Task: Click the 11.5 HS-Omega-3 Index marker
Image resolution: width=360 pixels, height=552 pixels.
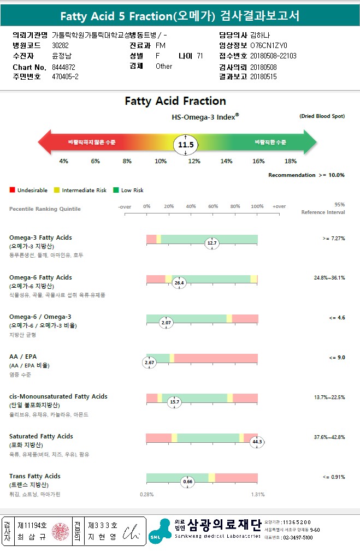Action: click(186, 145)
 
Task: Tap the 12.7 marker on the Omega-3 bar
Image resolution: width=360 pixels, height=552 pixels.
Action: click(212, 244)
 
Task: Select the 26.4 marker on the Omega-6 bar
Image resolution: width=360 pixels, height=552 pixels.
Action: click(179, 283)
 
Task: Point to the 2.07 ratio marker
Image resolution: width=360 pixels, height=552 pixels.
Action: click(166, 323)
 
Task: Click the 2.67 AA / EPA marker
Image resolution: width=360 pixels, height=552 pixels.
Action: click(149, 363)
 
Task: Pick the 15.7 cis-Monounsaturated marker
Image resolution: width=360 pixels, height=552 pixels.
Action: click(174, 402)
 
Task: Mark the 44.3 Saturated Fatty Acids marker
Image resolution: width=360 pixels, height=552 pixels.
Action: click(257, 442)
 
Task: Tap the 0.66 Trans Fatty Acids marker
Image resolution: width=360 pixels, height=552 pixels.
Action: click(188, 482)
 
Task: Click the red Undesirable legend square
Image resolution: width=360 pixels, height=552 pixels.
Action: click(12, 191)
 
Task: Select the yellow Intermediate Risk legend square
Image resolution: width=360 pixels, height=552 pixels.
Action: click(57, 191)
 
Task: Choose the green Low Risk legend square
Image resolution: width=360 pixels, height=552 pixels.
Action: click(116, 191)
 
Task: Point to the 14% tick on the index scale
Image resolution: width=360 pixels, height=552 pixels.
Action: click(226, 161)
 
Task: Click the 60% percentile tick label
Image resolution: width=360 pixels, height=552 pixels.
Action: click(213, 206)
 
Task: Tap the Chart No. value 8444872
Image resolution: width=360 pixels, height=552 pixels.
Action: click(63, 67)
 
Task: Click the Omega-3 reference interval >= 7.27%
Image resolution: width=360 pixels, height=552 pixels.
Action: click(333, 239)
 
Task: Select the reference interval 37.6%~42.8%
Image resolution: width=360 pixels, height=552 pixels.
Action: click(329, 437)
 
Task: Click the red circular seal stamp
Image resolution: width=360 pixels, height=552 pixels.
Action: click(60, 530)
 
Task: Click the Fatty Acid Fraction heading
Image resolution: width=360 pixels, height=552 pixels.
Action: click(175, 101)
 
